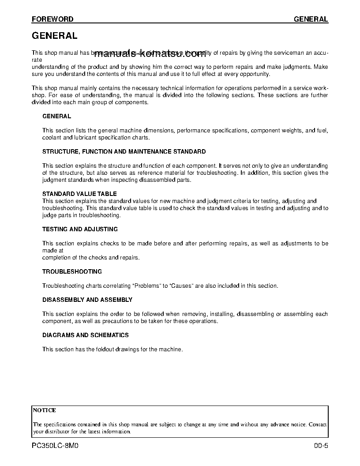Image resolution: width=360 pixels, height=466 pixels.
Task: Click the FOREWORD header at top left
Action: point(52,19)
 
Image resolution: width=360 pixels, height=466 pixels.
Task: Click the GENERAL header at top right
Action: point(311,19)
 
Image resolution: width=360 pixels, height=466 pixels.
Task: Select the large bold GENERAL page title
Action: point(55,36)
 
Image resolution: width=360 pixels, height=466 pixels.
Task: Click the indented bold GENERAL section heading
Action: point(56,116)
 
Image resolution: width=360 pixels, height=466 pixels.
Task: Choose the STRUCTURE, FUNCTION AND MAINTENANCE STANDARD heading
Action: point(124,152)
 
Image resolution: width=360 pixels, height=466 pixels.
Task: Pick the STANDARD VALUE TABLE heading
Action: point(79,194)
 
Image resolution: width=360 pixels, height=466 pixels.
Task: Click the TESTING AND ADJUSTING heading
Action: point(80,229)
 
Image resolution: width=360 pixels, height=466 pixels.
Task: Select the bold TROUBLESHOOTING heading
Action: point(72,272)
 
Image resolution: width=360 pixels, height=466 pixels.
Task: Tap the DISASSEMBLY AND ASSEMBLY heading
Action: point(87,300)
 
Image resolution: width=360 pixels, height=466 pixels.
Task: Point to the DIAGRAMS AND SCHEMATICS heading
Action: point(86,335)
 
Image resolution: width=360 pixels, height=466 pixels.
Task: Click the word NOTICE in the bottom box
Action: point(45,410)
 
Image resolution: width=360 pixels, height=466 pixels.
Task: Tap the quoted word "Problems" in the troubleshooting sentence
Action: point(147,286)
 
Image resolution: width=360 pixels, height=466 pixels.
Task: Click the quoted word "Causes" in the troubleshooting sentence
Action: point(182,286)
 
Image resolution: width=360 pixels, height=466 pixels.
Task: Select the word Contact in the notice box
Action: point(318,425)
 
